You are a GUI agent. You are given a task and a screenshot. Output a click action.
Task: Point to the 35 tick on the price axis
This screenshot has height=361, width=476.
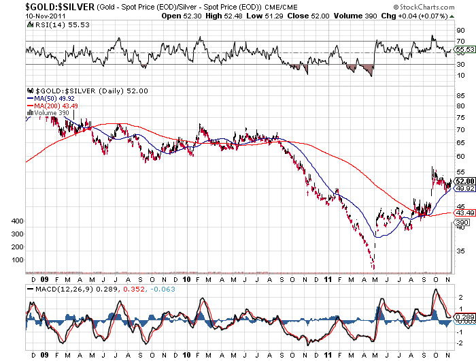[x=461, y=251]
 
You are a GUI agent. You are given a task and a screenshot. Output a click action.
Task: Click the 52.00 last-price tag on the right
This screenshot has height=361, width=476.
[x=464, y=181]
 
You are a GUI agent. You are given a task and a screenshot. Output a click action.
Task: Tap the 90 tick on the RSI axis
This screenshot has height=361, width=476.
[x=461, y=30]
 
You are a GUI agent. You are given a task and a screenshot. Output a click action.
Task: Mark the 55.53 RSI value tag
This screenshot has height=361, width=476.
[x=464, y=49]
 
